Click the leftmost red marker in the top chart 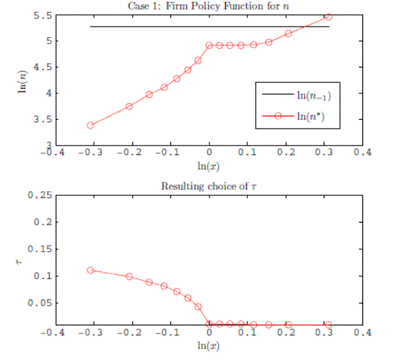click(90, 125)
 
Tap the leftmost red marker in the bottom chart click(90, 270)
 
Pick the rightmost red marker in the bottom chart click(328, 325)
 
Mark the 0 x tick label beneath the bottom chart click(209, 334)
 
